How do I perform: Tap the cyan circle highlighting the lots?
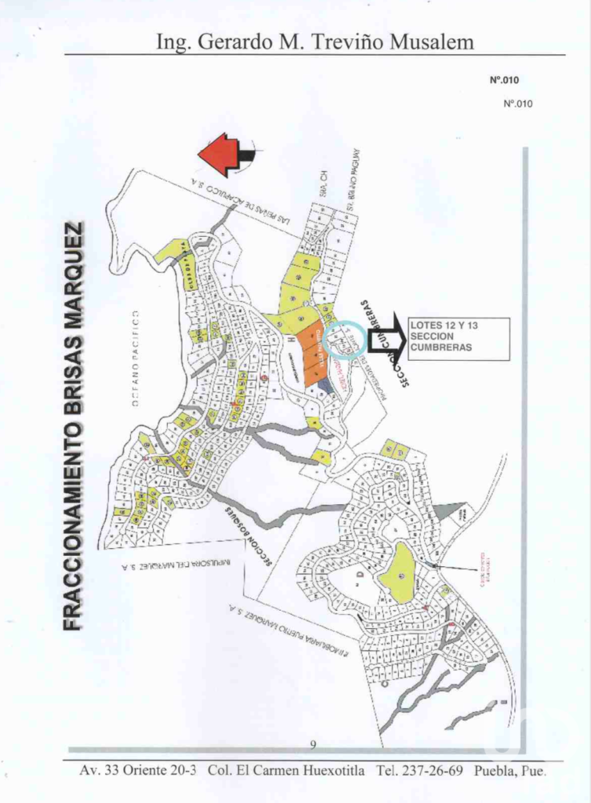342,341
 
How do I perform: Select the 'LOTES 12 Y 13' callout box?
459,339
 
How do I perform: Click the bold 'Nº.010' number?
504,80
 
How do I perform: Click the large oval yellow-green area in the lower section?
398,573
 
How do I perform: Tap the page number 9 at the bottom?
313,744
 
